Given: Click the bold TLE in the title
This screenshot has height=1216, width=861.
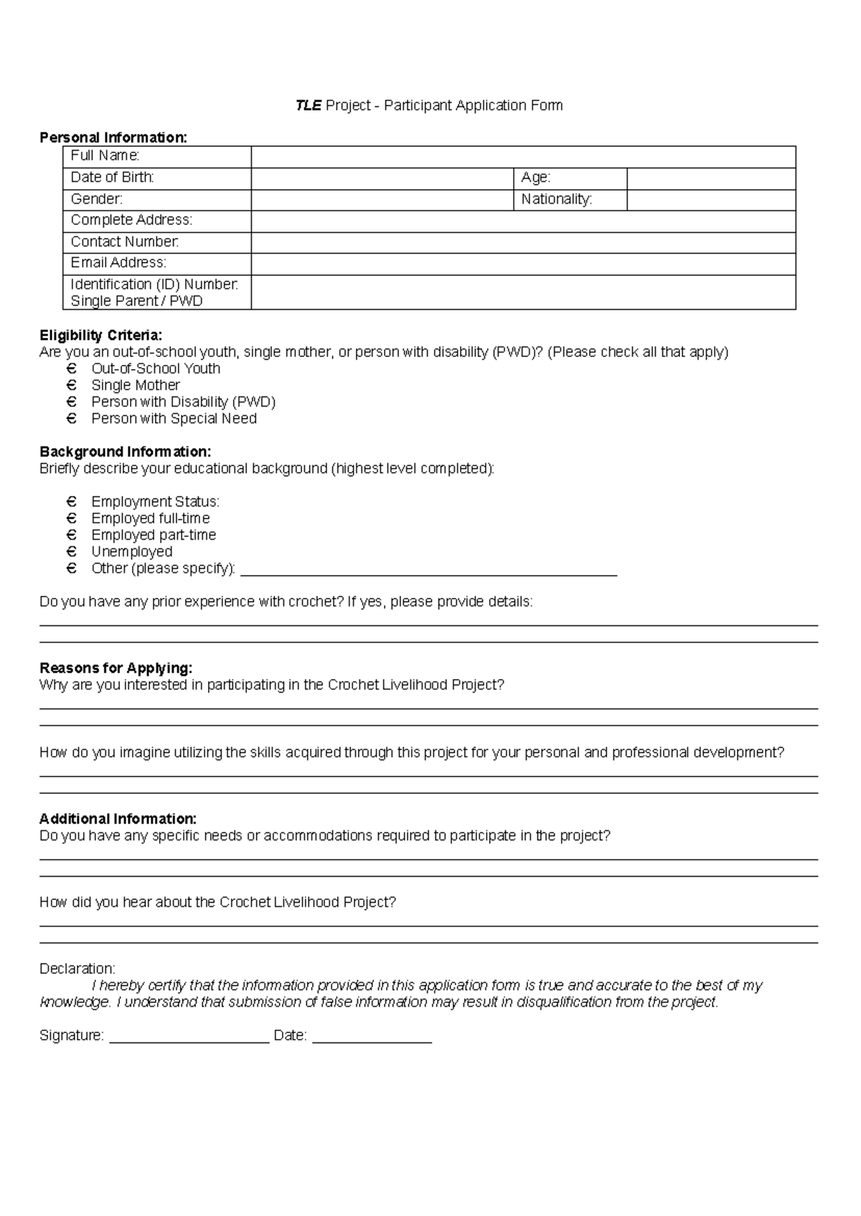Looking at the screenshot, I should pyautogui.click(x=309, y=105).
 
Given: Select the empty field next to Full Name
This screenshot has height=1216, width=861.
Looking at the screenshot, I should pyautogui.click(x=523, y=156).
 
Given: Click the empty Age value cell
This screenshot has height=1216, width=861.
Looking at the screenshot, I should pyautogui.click(x=711, y=178).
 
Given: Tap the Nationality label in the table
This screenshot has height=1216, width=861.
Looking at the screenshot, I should pyautogui.click(x=556, y=199).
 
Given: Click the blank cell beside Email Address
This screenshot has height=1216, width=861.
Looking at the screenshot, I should pyautogui.click(x=523, y=263).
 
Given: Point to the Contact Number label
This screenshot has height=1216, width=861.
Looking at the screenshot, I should pyautogui.click(x=124, y=242).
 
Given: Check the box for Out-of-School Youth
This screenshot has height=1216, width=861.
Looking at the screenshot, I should pyautogui.click(x=71, y=369).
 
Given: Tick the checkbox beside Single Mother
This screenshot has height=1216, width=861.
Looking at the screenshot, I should pyautogui.click(x=71, y=385).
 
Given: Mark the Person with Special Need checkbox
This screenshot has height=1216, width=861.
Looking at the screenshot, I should pyautogui.click(x=71, y=418).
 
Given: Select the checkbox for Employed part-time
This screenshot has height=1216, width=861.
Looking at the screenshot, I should pyautogui.click(x=71, y=535).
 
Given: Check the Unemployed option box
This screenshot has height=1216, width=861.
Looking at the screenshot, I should pyautogui.click(x=71, y=551).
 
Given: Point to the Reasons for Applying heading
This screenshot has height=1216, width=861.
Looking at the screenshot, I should pyautogui.click(x=116, y=668).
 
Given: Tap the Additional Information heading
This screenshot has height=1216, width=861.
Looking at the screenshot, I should pyautogui.click(x=118, y=819).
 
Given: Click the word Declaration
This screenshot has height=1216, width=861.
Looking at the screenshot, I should pyautogui.click(x=77, y=969).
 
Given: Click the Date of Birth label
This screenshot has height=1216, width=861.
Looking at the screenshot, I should pyautogui.click(x=112, y=177).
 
